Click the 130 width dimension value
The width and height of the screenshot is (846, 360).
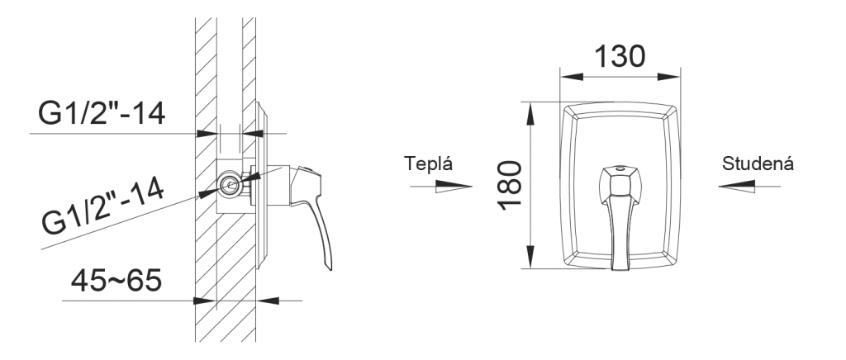click(x=620, y=56)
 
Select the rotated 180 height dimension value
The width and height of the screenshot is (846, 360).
click(x=511, y=185)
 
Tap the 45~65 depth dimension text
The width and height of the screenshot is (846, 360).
click(x=116, y=280)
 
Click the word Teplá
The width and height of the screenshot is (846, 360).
click(x=429, y=163)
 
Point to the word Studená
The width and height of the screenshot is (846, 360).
click(x=758, y=163)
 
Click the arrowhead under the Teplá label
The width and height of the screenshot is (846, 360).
click(x=454, y=187)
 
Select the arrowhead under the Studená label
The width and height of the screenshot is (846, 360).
click(x=736, y=187)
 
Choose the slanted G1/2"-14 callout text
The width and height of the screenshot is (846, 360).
click(x=103, y=207)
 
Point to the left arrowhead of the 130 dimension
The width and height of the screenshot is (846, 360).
click(x=572, y=77)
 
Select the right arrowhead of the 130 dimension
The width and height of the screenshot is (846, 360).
click(x=668, y=77)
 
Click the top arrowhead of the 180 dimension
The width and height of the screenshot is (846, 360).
click(x=531, y=114)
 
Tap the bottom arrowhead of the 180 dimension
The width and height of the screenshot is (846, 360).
click(x=531, y=257)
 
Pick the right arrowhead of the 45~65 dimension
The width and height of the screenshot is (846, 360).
click(x=268, y=301)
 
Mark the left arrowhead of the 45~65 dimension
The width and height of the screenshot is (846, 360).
click(x=205, y=301)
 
